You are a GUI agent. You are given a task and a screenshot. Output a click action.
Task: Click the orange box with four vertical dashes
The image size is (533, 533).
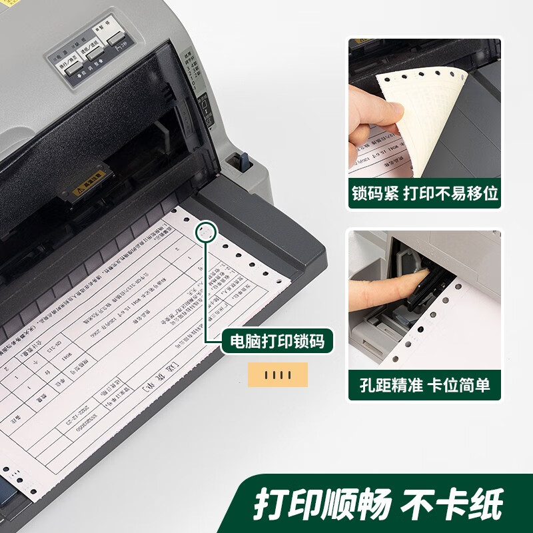278,375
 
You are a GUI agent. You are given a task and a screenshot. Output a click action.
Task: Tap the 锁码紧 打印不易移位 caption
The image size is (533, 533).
424,194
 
